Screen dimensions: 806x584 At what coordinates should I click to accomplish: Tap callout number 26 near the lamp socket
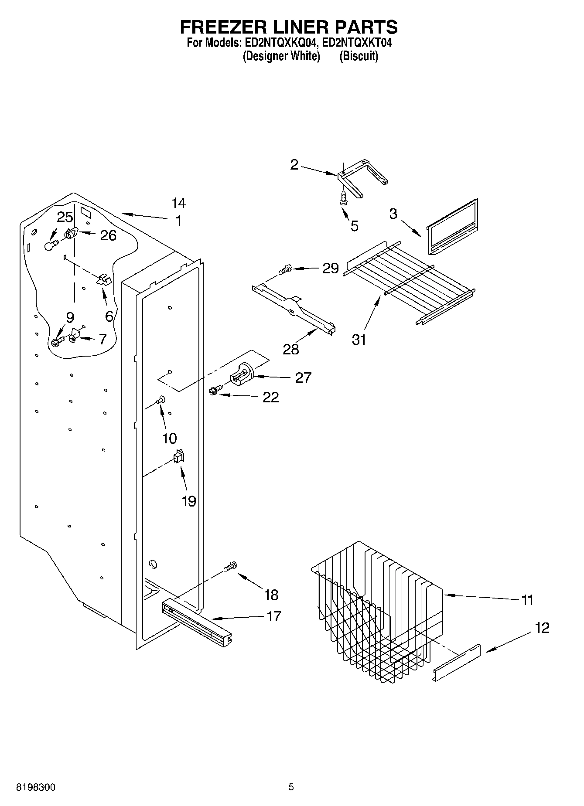(108, 236)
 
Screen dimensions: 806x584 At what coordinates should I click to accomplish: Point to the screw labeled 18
(229, 567)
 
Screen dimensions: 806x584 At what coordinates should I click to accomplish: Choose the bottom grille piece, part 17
(196, 619)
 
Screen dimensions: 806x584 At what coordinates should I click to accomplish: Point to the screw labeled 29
(285, 270)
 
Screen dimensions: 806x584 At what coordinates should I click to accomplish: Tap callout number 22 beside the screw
(270, 397)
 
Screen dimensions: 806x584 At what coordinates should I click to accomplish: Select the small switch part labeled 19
(179, 457)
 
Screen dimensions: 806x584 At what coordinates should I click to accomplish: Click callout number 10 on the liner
(169, 438)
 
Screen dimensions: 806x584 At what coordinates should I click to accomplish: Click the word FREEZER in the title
(222, 27)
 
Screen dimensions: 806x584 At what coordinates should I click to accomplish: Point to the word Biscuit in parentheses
(359, 56)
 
